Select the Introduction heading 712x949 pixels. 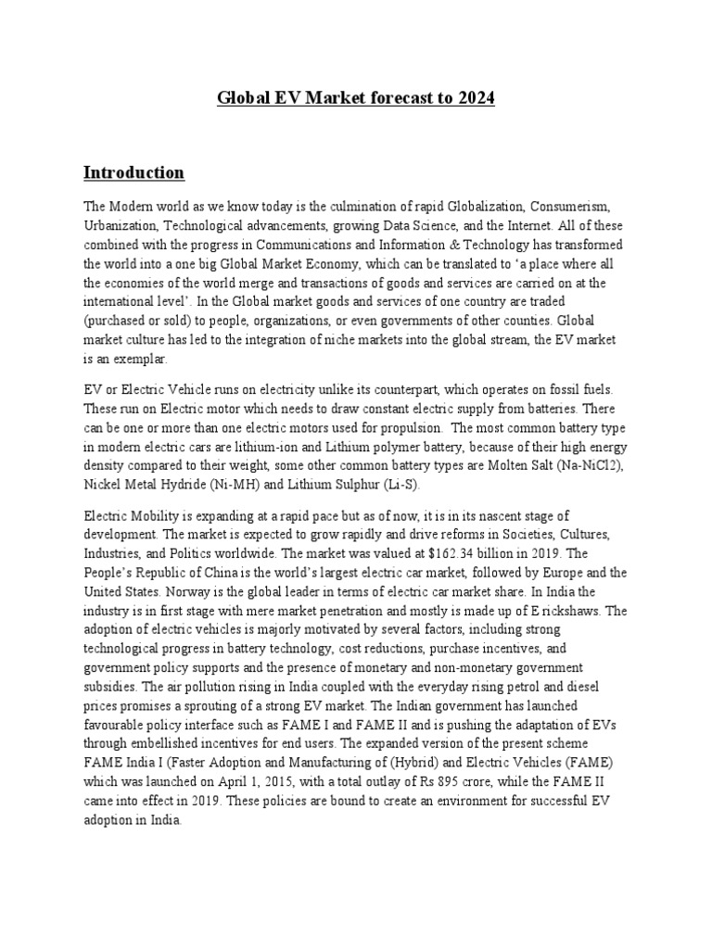point(133,172)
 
